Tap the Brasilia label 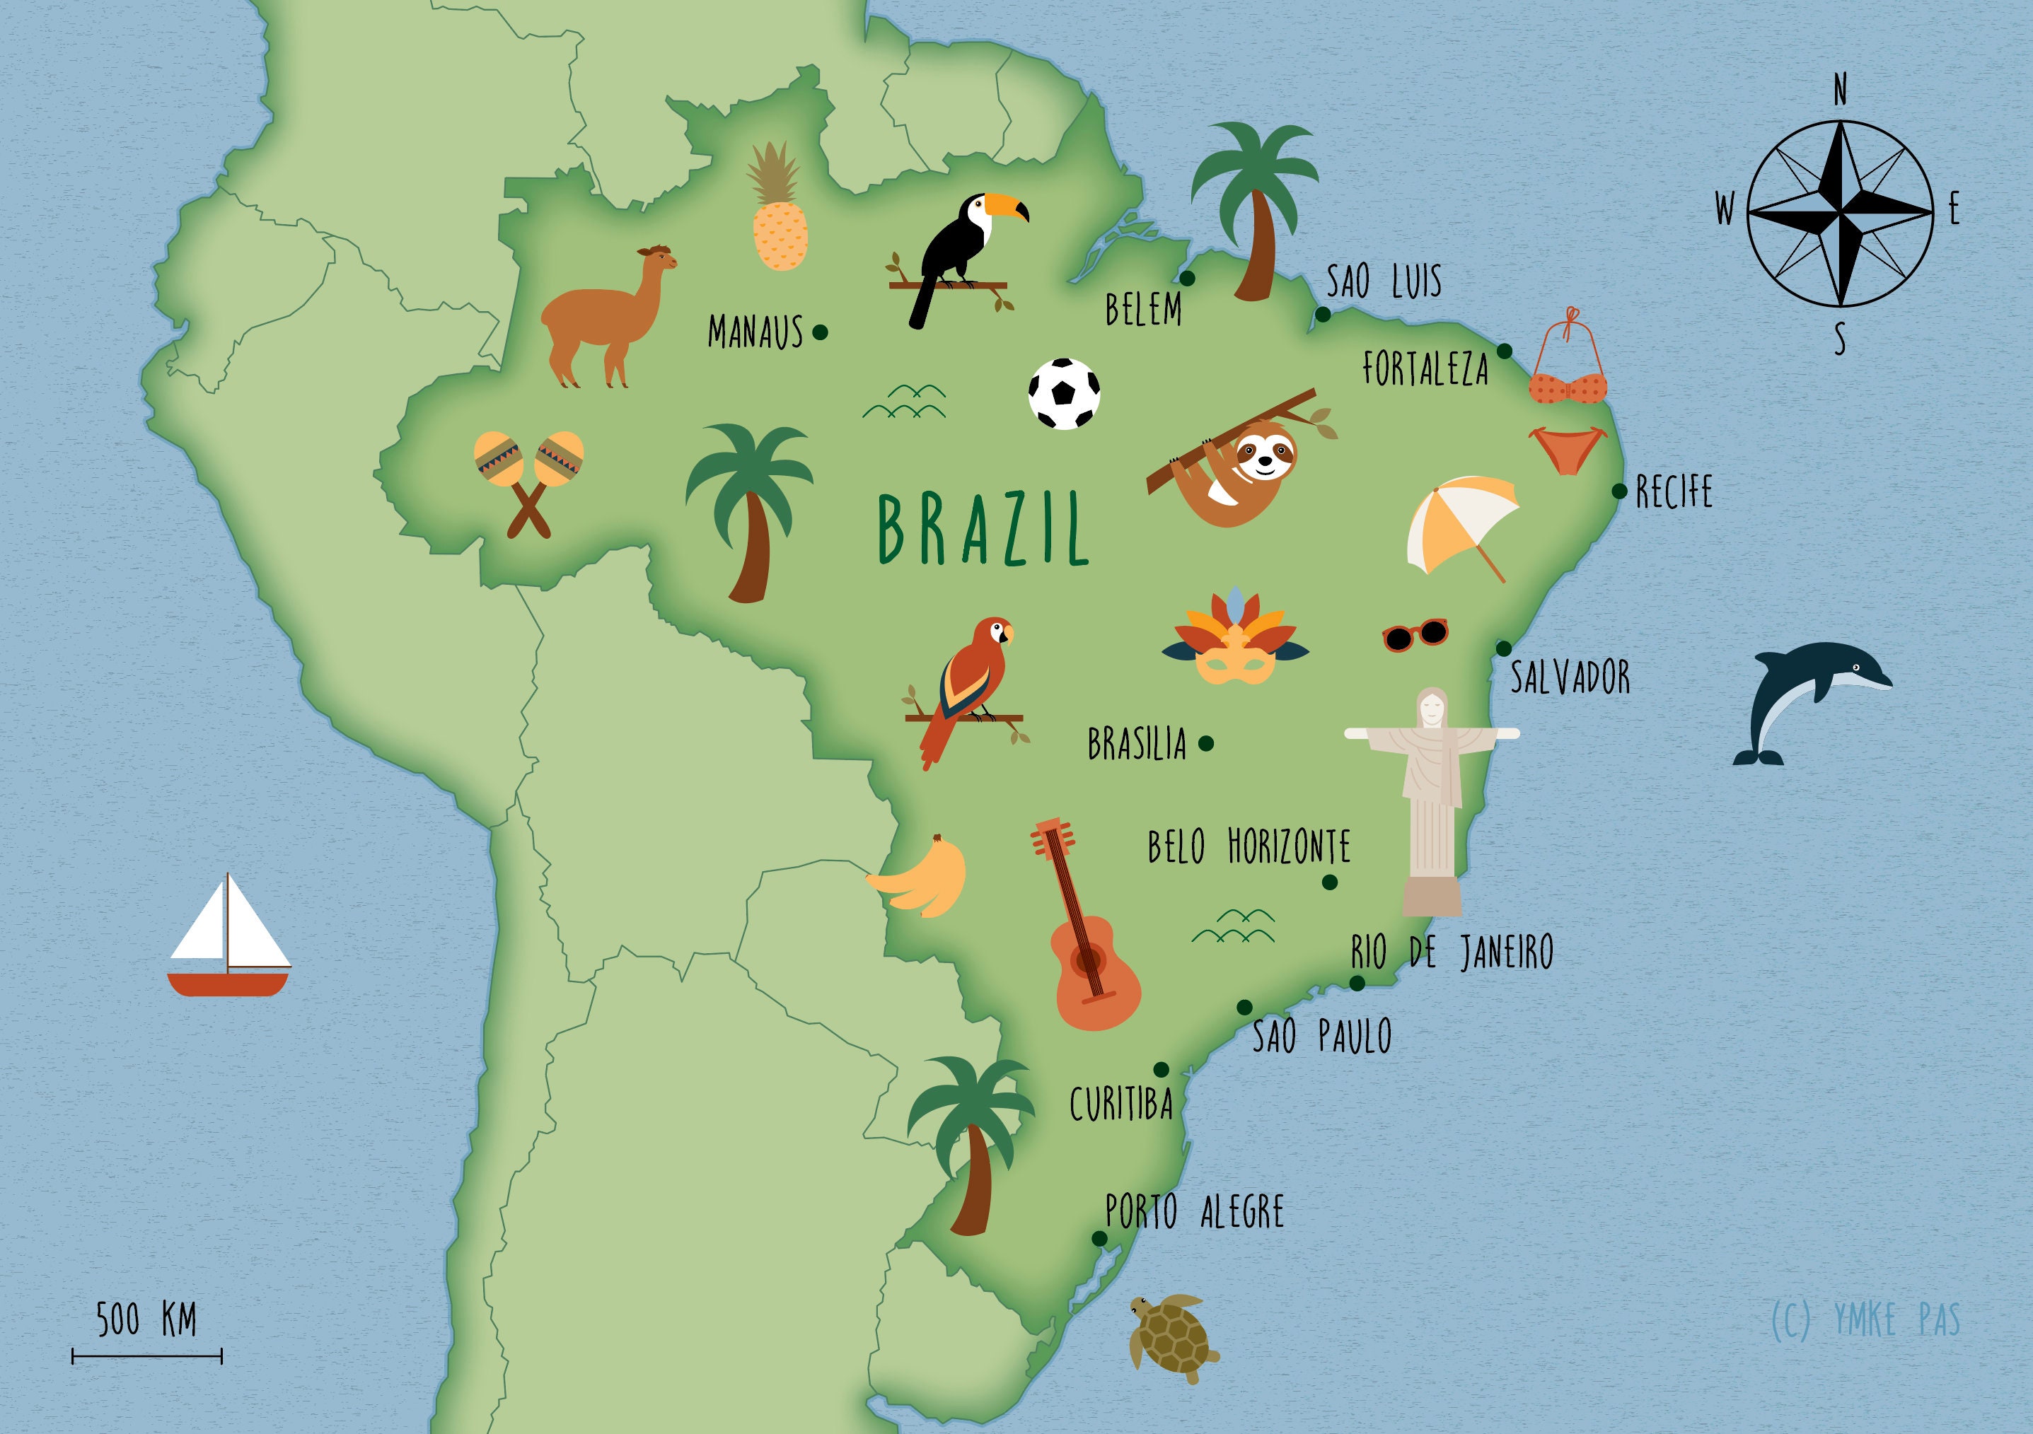pos(1136,745)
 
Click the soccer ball pos(1065,394)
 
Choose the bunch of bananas pos(921,878)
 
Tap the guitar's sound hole pos(1087,959)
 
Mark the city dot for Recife pos(1619,491)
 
